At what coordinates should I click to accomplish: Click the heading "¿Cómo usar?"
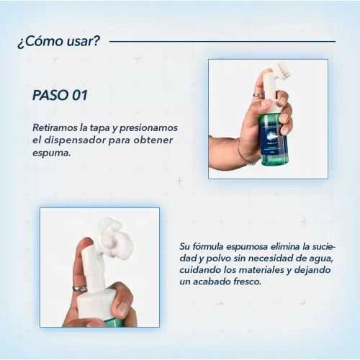pyautogui.click(x=58, y=41)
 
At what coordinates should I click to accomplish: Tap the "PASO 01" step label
pyautogui.click(x=60, y=95)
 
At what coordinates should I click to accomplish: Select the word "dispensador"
pyautogui.click(x=74, y=140)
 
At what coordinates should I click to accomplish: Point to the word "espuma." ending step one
pyautogui.click(x=52, y=153)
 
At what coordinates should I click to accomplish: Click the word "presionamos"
pyautogui.click(x=148, y=128)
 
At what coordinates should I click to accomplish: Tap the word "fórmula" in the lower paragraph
pyautogui.click(x=208, y=246)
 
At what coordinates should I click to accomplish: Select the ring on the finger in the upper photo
pyautogui.click(x=258, y=95)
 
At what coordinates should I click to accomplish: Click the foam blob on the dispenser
pyautogui.click(x=114, y=238)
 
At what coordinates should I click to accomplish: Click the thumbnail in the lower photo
pyautogui.click(x=123, y=309)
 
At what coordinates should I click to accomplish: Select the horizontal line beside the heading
pyautogui.click(x=222, y=41)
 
